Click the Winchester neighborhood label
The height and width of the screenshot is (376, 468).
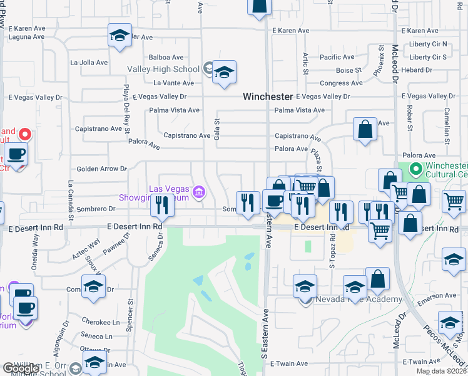point(268,97)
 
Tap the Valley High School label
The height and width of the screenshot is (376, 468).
point(163,69)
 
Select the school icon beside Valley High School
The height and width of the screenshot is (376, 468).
point(223,72)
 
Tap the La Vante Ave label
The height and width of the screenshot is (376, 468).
point(173,83)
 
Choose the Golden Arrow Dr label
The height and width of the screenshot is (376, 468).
point(101,169)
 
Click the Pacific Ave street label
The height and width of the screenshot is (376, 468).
point(337,57)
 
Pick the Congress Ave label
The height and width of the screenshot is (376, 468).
point(341,83)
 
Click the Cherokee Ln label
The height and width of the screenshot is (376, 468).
point(100,322)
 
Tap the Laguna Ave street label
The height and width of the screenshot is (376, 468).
point(26,36)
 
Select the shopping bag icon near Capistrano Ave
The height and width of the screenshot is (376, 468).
point(365,130)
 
